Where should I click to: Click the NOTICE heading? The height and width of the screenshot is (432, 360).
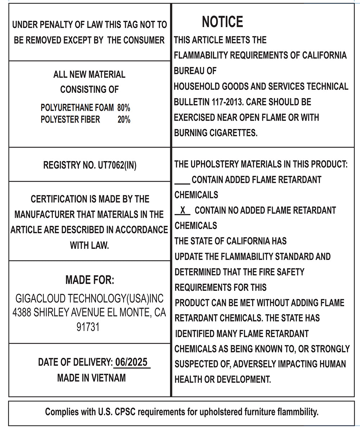[x=222, y=22]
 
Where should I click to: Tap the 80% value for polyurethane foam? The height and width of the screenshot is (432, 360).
[x=123, y=108]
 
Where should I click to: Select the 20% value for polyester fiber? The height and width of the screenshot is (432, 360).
[x=123, y=120]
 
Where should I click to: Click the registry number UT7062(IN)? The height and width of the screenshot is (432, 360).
[x=117, y=165]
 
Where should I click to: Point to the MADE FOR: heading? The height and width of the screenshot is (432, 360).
[x=90, y=280]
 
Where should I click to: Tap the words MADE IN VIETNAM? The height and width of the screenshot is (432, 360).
[x=91, y=378]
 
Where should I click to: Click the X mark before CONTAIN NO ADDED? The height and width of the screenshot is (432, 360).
[x=183, y=210]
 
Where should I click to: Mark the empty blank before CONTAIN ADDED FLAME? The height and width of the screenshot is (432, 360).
[x=182, y=180]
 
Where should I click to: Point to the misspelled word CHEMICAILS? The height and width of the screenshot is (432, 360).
[x=196, y=195]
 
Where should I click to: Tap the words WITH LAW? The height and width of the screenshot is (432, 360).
[x=89, y=246]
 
